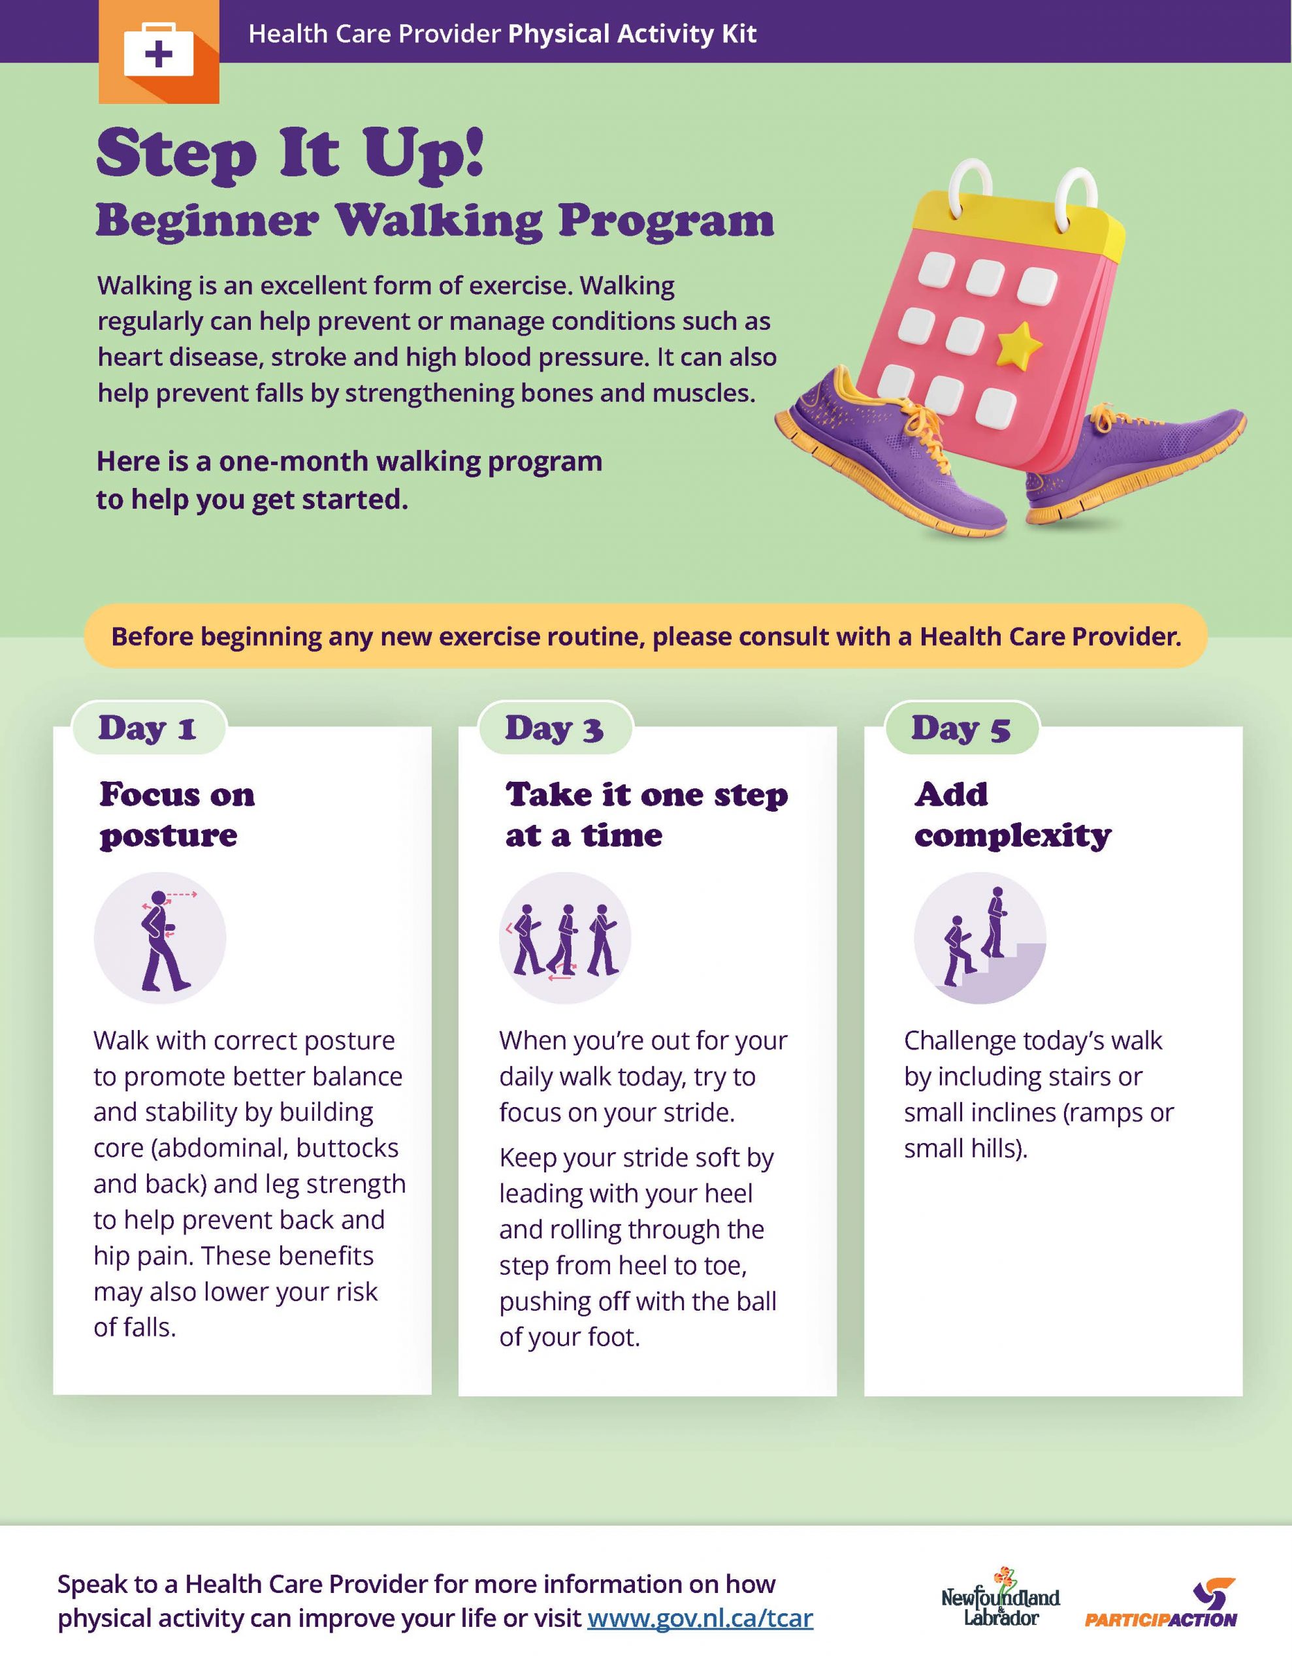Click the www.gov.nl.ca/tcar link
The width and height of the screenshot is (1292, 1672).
pos(700,1618)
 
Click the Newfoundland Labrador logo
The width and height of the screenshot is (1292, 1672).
pos(1000,1598)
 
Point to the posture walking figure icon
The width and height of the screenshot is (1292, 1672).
pos(160,938)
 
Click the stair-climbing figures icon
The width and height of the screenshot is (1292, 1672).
pos(980,938)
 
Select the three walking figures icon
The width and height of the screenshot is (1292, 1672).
pos(565,938)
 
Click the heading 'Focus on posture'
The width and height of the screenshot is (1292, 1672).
pos(177,814)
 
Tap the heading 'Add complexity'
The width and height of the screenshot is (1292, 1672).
pos(1012,814)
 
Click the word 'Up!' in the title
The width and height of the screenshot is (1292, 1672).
pos(423,156)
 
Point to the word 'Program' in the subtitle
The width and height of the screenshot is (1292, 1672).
pos(666,221)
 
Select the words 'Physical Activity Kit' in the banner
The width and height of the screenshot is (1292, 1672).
pos(632,34)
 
